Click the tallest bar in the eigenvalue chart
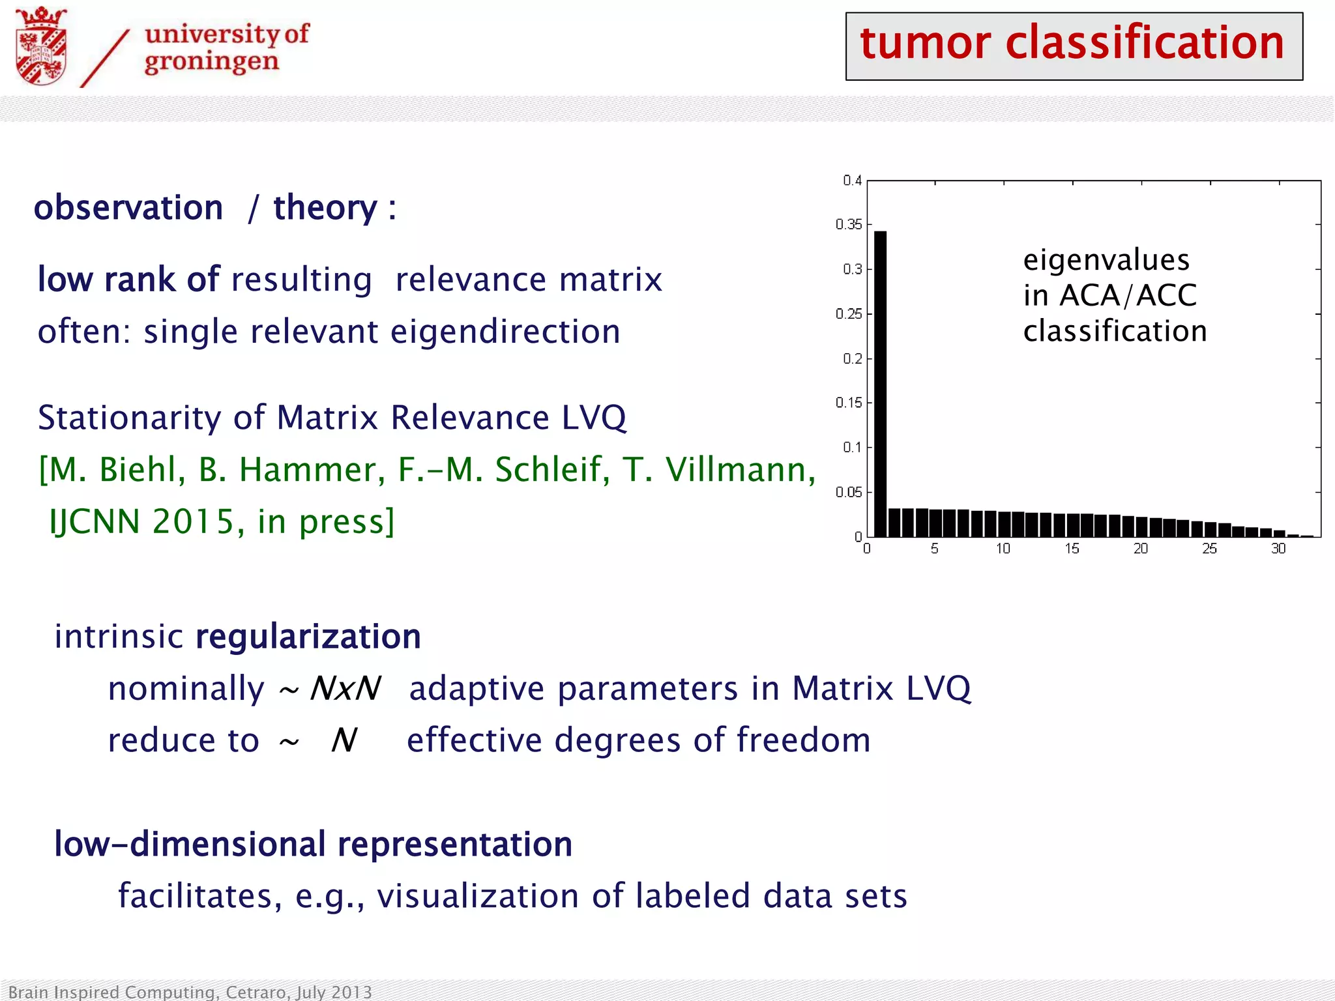click(x=880, y=384)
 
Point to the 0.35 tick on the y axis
click(x=849, y=225)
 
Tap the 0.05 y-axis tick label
click(x=849, y=492)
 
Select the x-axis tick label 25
click(x=1209, y=549)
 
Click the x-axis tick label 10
click(x=1003, y=549)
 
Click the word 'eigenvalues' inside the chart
click(x=1106, y=260)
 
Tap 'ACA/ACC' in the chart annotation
click(x=1128, y=295)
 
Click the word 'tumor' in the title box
click(x=926, y=43)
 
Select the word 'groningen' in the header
click(x=211, y=62)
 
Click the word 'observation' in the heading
click(x=128, y=208)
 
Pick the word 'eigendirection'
click(x=505, y=332)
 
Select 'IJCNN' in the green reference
click(x=95, y=522)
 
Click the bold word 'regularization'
click(x=308, y=637)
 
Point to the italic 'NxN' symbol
click(x=345, y=689)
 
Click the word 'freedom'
click(x=804, y=740)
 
